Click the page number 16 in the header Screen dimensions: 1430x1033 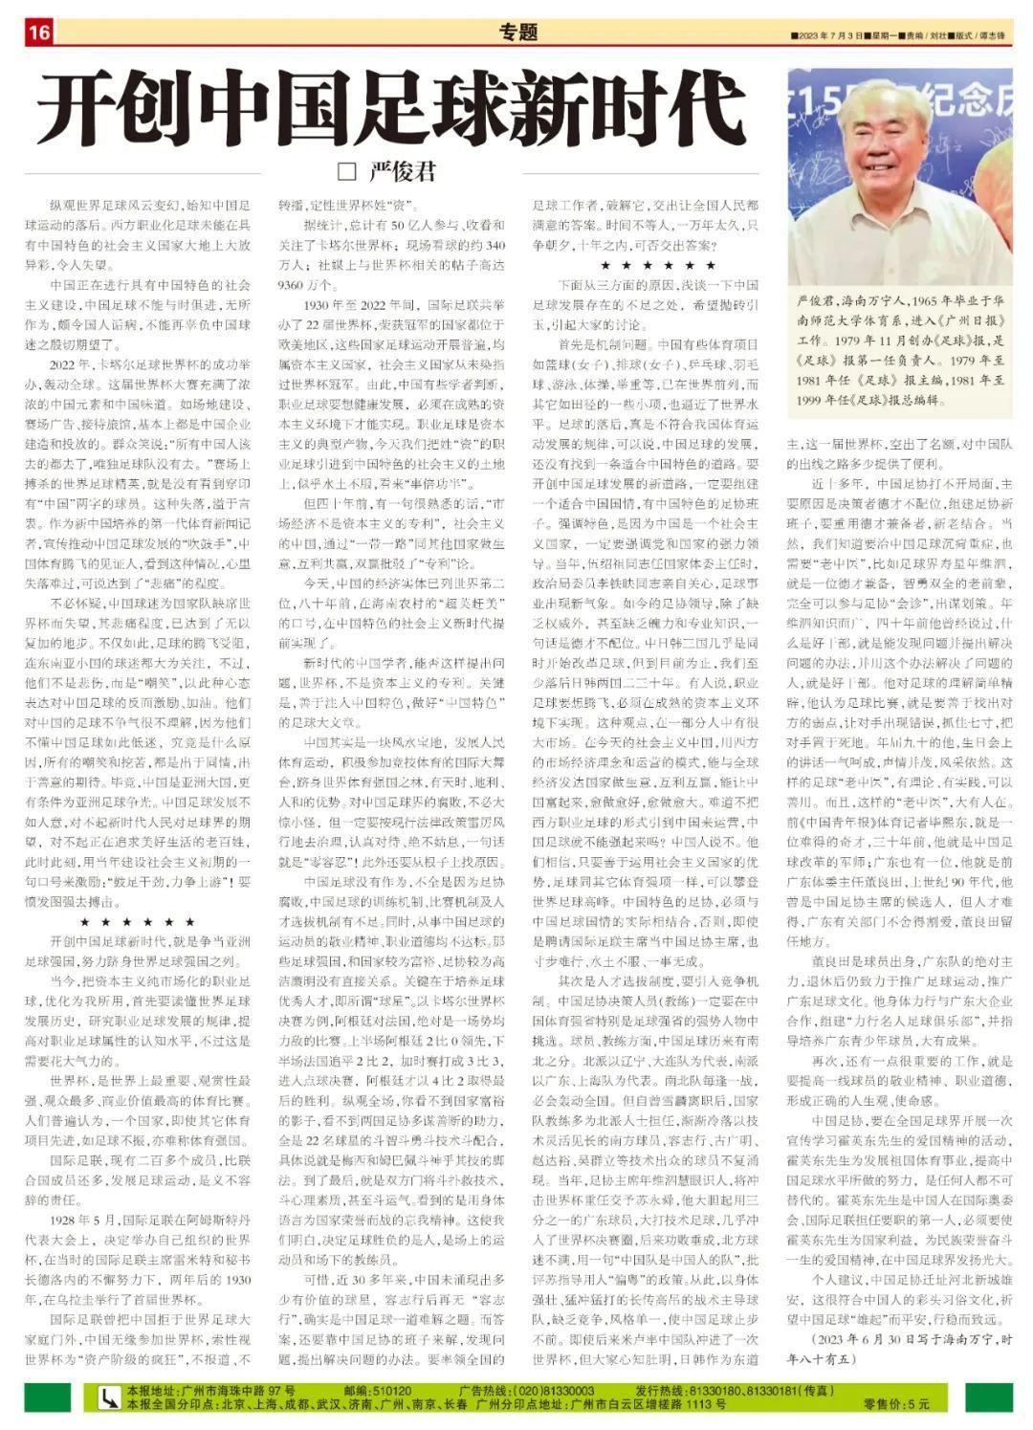click(x=39, y=33)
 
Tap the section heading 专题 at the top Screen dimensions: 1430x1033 click(x=517, y=33)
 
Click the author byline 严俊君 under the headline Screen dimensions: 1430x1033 click(x=402, y=171)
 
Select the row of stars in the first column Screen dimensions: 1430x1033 click(x=139, y=921)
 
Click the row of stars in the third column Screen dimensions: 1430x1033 click(x=657, y=265)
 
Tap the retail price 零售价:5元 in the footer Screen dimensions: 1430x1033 click(x=896, y=1404)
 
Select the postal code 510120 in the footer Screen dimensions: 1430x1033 click(x=391, y=1390)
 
